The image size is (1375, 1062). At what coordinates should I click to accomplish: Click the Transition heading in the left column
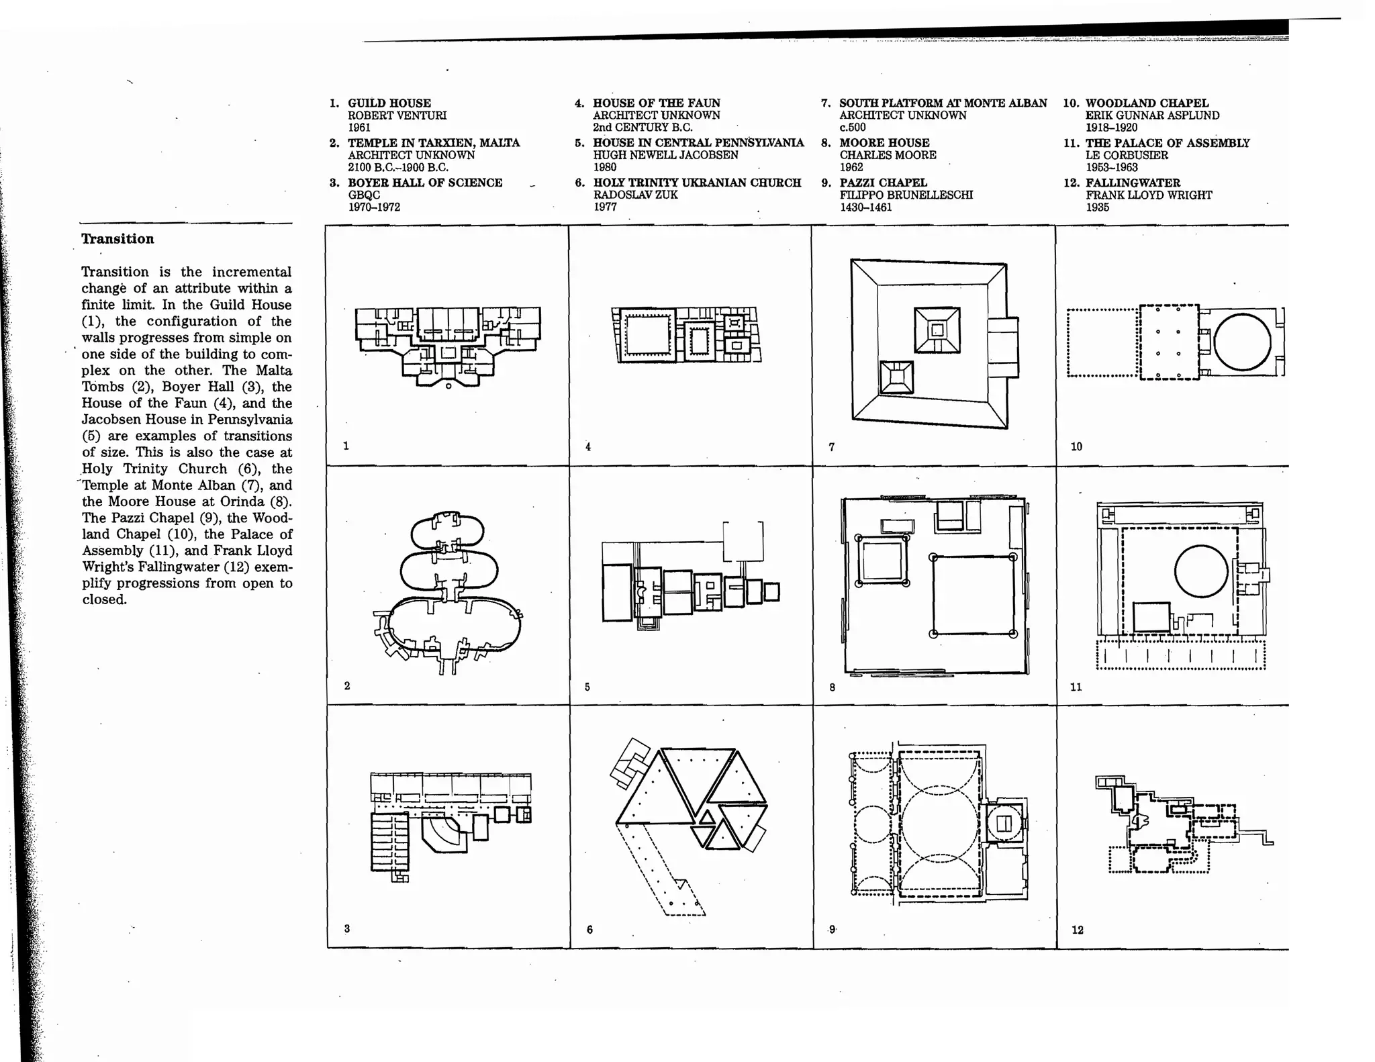[x=117, y=239]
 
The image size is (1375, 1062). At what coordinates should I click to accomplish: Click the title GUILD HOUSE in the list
[x=389, y=103]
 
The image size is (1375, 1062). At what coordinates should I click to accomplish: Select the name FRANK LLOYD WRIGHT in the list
[x=1149, y=195]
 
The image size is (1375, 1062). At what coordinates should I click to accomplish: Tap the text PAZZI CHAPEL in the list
[x=883, y=183]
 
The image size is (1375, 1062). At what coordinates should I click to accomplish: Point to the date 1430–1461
[x=865, y=207]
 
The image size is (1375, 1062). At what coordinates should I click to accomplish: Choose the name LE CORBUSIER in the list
[x=1127, y=155]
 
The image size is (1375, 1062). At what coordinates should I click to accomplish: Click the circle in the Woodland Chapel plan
[x=1242, y=342]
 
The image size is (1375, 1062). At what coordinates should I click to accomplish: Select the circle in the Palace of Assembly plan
[x=1200, y=571]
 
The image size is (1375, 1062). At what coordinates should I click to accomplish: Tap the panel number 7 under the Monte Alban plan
[x=832, y=446]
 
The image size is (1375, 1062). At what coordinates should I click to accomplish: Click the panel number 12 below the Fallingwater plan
[x=1078, y=930]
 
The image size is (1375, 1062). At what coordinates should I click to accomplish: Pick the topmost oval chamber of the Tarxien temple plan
[x=447, y=529]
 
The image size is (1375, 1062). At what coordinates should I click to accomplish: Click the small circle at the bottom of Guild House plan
[x=448, y=386]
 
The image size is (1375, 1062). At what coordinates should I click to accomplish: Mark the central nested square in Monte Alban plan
[x=937, y=330]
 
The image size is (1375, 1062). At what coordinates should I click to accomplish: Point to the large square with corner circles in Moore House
[x=973, y=595]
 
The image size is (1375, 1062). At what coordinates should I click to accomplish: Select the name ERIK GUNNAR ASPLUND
[x=1152, y=115]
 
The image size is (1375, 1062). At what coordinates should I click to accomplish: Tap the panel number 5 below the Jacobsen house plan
[x=587, y=687]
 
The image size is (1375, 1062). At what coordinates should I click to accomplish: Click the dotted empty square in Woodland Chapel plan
[x=1102, y=342]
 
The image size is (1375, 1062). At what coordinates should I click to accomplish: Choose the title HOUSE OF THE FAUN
[x=656, y=103]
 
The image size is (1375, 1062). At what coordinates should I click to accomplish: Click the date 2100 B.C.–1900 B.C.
[x=397, y=167]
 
